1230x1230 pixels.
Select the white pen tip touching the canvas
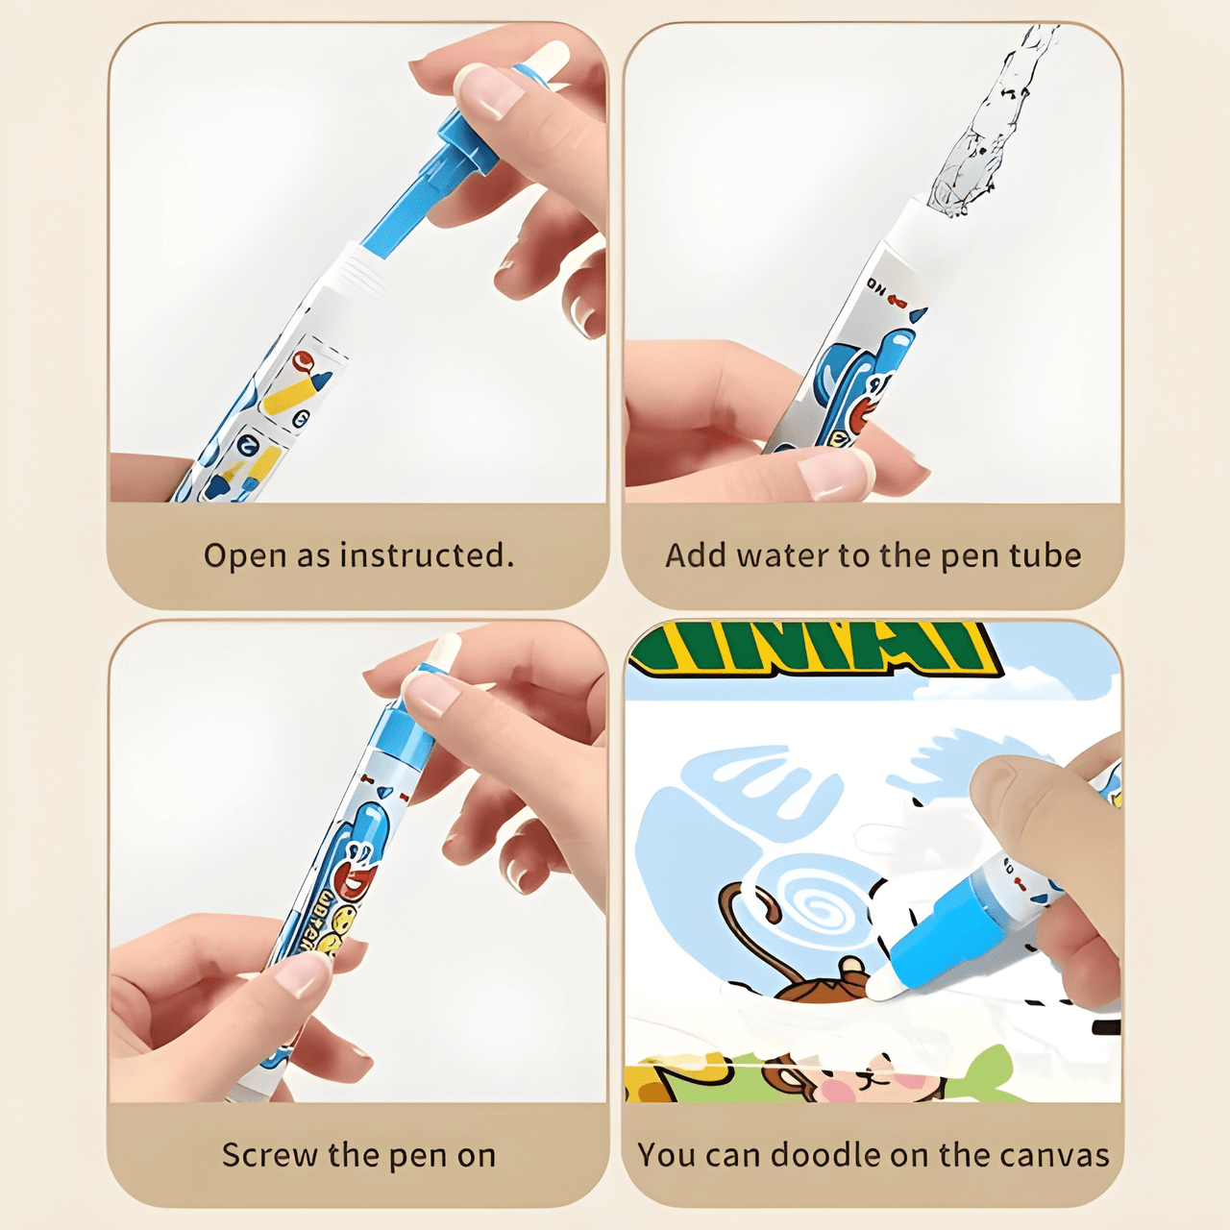881,986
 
